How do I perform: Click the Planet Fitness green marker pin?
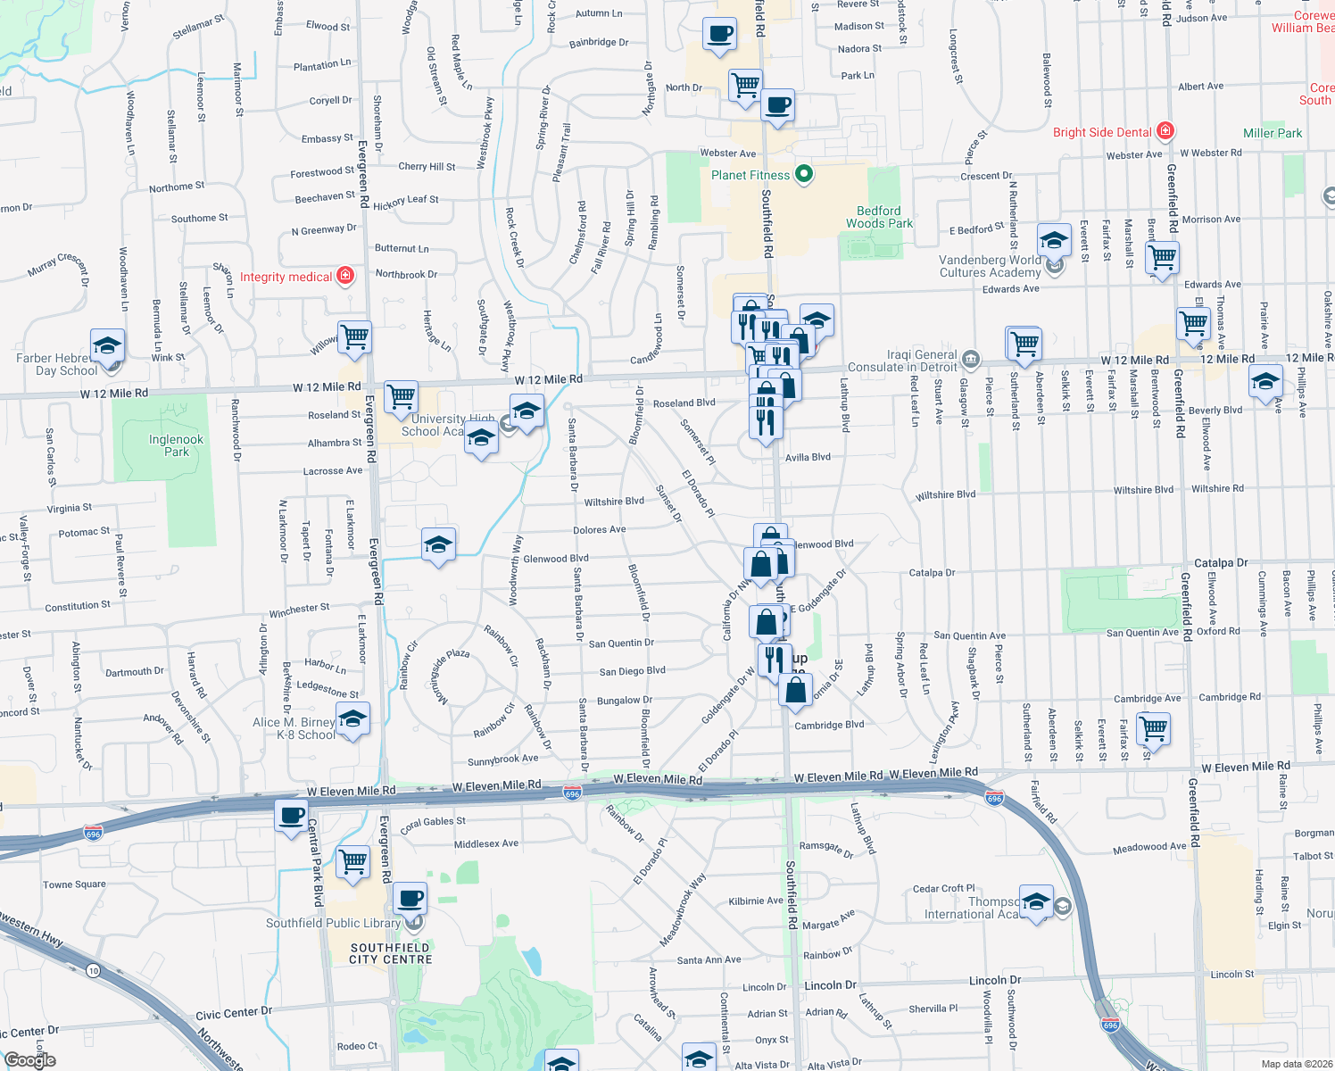pos(804,174)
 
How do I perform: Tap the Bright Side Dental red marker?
pos(1165,131)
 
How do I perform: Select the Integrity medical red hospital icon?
pos(345,276)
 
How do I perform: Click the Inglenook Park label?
pos(176,445)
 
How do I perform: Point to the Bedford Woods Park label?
pos(879,217)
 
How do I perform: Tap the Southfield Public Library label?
pos(333,923)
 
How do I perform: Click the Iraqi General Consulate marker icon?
pos(971,360)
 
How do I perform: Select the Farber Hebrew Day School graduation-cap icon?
pos(107,345)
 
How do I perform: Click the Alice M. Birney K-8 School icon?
pos(352,719)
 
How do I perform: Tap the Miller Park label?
pos(1273,133)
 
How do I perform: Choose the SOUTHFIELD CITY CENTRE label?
pos(390,953)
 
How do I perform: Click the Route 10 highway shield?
pos(93,970)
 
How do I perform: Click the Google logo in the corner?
pos(29,1060)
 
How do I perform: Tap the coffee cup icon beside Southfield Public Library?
pos(410,898)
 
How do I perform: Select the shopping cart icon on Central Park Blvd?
pos(353,861)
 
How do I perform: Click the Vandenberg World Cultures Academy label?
pos(990,266)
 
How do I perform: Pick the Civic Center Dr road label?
pos(234,1014)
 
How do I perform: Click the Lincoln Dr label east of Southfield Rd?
pos(823,985)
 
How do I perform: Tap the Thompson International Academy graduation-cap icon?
pos(1036,901)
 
